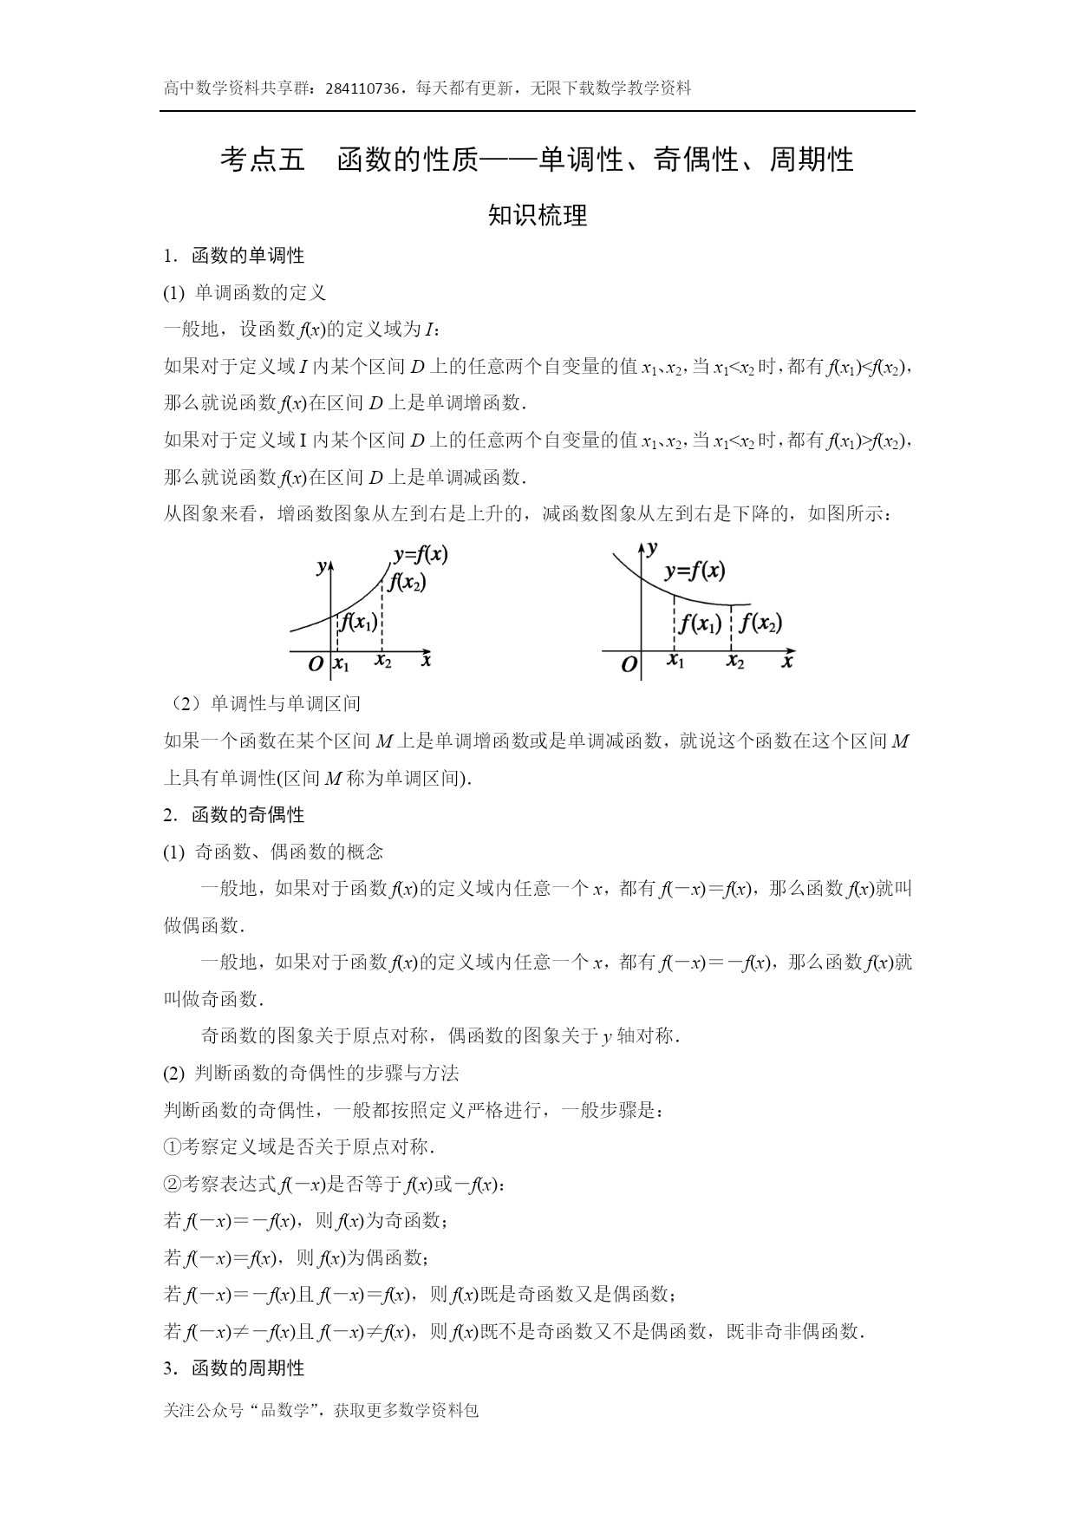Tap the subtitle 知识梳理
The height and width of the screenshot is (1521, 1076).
538,215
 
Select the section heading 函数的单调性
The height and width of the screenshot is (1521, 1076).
247,256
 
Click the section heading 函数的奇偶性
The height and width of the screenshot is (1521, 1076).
247,815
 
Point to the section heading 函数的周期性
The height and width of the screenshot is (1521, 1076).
247,1368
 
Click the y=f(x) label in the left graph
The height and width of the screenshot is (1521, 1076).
421,555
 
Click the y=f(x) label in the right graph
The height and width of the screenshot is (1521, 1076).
695,571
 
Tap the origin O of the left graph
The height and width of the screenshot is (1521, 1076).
316,664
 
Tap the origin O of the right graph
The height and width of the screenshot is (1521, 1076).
629,666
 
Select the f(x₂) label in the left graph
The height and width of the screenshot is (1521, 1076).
407,583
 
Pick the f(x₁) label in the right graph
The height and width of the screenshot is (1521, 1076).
701,623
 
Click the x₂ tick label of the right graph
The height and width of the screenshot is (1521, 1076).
735,663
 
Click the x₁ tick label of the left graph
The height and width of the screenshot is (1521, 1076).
342,665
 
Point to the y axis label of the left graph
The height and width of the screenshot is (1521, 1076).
322,566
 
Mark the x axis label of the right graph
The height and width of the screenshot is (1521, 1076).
787,661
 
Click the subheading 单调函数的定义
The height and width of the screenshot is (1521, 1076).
260,293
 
